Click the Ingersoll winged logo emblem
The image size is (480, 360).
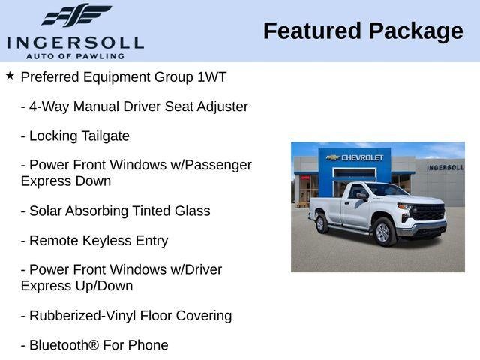point(76,15)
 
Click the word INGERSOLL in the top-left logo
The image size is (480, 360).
point(75,42)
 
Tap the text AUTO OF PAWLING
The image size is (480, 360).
point(75,55)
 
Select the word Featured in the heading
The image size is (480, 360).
point(312,31)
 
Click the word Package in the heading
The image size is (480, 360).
point(415,31)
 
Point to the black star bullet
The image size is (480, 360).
point(10,76)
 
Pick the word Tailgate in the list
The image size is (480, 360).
point(105,136)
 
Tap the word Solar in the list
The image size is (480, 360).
point(46,211)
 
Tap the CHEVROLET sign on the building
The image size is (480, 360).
point(357,157)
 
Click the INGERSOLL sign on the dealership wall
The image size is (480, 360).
point(445,167)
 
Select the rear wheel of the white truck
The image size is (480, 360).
point(322,223)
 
